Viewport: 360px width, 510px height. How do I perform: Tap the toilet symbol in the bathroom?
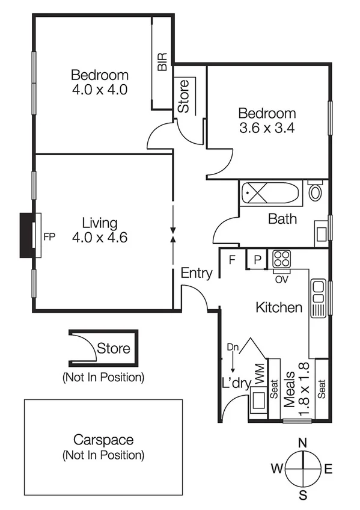pyautogui.click(x=315, y=192)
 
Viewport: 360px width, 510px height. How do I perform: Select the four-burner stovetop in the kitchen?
pyautogui.click(x=281, y=259)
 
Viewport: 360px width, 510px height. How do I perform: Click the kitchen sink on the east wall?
pyautogui.click(x=317, y=298)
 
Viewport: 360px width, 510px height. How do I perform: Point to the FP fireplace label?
pyautogui.click(x=49, y=236)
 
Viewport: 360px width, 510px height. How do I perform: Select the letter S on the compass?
pyautogui.click(x=304, y=496)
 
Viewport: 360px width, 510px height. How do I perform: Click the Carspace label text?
pyautogui.click(x=103, y=440)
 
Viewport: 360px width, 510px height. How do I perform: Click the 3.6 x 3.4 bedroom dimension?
pyautogui.click(x=267, y=127)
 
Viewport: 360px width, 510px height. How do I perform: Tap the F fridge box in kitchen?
pyautogui.click(x=231, y=260)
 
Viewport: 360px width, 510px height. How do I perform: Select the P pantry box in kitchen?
pyautogui.click(x=257, y=260)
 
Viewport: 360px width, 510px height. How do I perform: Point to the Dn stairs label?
pyautogui.click(x=233, y=348)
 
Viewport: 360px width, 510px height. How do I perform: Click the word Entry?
pyautogui.click(x=197, y=274)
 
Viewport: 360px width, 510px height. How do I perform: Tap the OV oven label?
pyautogui.click(x=280, y=278)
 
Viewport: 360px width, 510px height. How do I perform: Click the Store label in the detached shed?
pyautogui.click(x=114, y=348)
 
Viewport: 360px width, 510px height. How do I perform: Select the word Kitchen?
pyautogui.click(x=279, y=308)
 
